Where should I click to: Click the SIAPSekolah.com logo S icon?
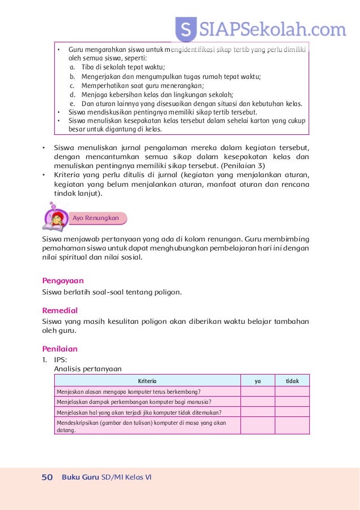(x=186, y=28)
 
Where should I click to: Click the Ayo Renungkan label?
(x=95, y=218)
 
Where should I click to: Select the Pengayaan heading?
(x=63, y=280)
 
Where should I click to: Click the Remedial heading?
(x=60, y=310)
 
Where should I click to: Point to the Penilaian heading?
(x=60, y=349)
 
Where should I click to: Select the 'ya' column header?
(x=257, y=381)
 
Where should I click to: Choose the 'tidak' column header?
(x=292, y=381)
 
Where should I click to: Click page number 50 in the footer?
(x=47, y=477)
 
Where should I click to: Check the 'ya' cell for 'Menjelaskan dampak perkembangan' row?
(x=257, y=402)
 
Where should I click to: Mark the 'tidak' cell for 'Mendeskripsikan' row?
(x=292, y=425)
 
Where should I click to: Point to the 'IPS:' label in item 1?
(x=60, y=359)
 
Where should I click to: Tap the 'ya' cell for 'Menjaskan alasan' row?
(x=257, y=392)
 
